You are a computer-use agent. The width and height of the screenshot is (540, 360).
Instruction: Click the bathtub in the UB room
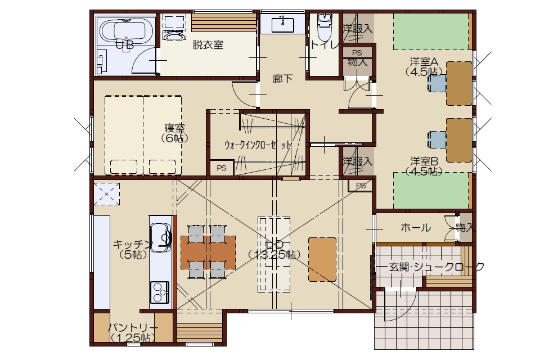[126, 31]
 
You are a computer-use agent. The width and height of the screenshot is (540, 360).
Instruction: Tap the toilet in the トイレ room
[323, 27]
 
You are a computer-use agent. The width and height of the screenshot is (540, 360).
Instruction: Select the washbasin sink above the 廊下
[283, 24]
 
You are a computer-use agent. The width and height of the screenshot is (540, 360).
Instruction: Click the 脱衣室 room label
[208, 45]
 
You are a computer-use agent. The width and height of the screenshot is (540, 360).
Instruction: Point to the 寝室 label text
[174, 128]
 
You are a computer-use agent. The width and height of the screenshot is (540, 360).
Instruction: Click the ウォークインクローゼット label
[258, 145]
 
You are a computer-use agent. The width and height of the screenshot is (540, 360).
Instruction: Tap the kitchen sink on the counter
[160, 235]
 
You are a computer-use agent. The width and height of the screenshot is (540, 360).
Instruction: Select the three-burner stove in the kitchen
[159, 292]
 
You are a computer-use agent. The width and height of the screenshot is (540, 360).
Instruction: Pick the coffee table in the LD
[322, 259]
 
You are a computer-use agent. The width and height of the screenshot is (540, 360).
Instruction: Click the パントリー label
[133, 327]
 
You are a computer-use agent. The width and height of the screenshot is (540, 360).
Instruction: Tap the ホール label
[416, 227]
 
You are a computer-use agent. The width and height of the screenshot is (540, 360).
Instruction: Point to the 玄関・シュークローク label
[436, 267]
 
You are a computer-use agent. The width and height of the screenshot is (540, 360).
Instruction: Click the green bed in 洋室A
[430, 31]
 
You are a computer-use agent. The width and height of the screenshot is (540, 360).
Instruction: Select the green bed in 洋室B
[430, 191]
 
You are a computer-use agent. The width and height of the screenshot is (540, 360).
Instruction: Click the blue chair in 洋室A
[437, 83]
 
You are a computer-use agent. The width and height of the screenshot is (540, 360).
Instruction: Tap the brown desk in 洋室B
[459, 140]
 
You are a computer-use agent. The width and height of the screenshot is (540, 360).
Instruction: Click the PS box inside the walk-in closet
[222, 168]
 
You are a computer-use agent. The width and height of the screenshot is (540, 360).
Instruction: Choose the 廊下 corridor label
[282, 79]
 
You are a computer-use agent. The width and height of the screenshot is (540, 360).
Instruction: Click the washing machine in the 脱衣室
[174, 28]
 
